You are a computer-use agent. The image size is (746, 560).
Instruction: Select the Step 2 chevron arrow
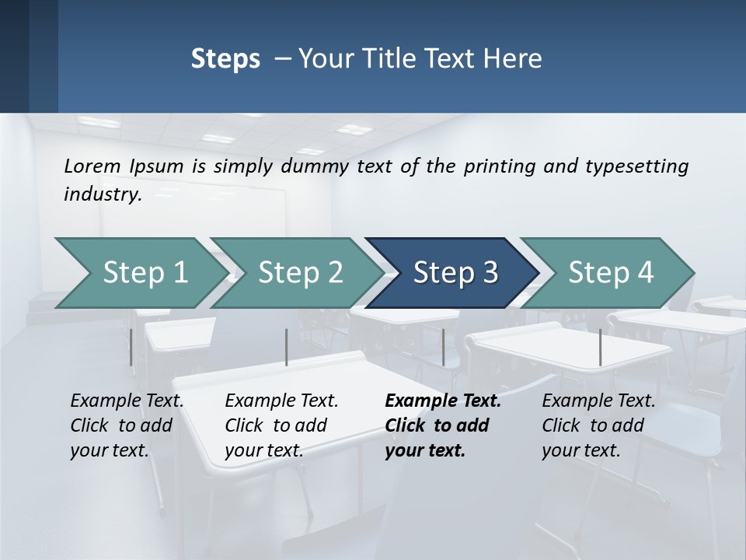click(299, 273)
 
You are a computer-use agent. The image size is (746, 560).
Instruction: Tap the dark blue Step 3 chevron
click(455, 273)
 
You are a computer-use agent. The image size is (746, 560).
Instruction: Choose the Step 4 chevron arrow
click(610, 273)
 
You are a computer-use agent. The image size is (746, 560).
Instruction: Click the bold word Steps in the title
click(225, 58)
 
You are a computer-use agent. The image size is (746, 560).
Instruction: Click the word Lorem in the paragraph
click(92, 166)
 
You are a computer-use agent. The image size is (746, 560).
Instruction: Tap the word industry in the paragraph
click(103, 194)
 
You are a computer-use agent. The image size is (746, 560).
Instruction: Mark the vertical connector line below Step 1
click(131, 347)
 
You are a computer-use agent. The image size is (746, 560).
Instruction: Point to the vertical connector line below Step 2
click(287, 347)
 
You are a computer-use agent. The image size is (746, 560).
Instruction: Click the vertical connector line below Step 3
click(443, 347)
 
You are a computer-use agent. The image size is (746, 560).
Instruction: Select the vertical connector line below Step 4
click(600, 347)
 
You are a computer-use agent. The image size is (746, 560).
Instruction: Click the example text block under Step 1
click(127, 425)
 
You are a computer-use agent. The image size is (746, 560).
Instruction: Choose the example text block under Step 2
click(281, 425)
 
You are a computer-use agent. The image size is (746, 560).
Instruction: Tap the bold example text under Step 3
click(442, 425)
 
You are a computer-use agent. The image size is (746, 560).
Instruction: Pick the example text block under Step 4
click(598, 425)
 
